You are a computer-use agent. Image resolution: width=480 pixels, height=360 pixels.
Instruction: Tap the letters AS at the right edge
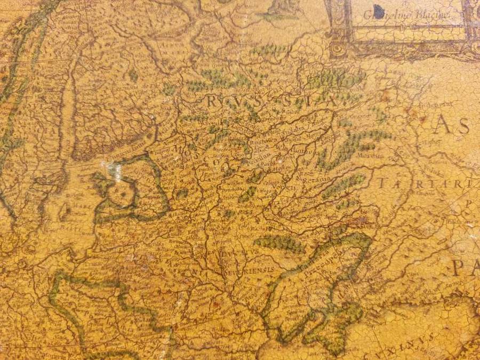pos(451,126)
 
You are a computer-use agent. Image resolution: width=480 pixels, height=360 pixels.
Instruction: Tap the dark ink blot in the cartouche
pos(379,11)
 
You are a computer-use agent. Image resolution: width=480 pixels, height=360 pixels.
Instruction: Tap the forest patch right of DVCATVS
pos(280,244)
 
